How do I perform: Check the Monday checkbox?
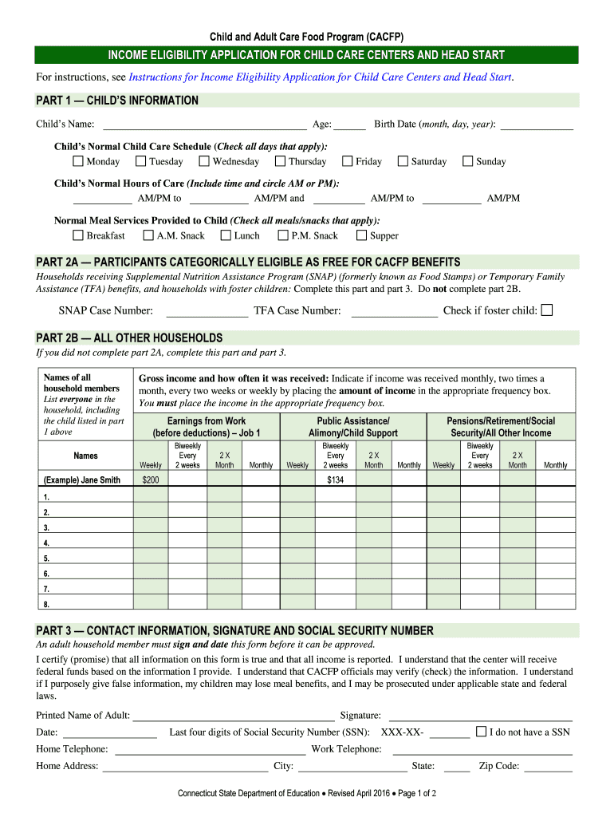coord(77,161)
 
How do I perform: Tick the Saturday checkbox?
coord(403,161)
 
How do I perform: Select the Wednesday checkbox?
coord(204,161)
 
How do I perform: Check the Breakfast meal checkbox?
coord(77,235)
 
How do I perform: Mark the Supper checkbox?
coord(361,235)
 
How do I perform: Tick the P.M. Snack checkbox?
coord(283,235)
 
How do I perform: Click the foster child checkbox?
coord(546,310)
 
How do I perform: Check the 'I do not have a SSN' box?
coord(481,732)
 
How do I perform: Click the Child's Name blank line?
coord(205,124)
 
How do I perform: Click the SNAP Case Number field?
coord(207,311)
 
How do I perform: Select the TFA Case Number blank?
coord(395,311)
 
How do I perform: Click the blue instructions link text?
coord(320,77)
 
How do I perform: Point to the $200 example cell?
coord(150,480)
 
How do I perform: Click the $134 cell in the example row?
coord(335,480)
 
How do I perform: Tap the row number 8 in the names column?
coord(46,603)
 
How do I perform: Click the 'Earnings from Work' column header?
coord(207,427)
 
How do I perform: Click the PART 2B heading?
coord(130,337)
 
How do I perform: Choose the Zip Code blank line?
coord(548,767)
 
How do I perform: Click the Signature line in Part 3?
coord(479,716)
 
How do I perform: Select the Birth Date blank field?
coord(536,124)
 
